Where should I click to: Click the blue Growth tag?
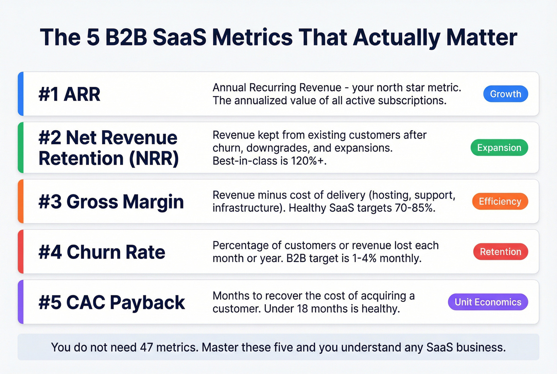505,94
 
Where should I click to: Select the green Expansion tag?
499,148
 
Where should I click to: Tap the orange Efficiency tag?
500,202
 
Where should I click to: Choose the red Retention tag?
500,252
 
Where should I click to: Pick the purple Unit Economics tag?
488,302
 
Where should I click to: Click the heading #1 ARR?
69,94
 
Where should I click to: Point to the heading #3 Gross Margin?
111,202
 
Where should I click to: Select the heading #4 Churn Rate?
102,252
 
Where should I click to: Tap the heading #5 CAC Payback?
111,302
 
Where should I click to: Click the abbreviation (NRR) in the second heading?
154,159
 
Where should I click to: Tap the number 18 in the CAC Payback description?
302,309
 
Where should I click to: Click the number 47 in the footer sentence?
146,347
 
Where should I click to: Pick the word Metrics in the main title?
252,37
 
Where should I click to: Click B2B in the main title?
126,37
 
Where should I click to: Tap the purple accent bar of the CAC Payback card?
21,302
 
